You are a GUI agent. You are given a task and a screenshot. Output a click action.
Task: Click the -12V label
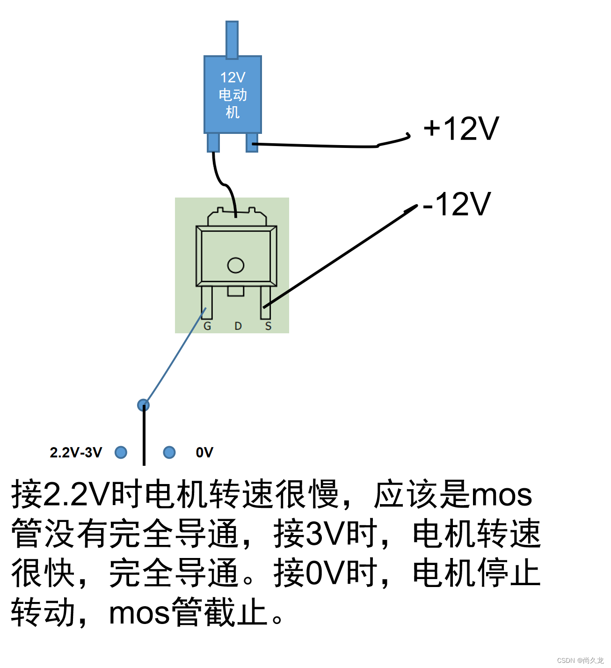click(456, 204)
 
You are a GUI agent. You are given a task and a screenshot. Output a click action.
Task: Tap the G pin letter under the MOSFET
click(207, 326)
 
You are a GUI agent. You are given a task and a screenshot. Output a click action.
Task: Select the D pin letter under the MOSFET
click(238, 326)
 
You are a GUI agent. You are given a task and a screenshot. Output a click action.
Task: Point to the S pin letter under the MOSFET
click(268, 326)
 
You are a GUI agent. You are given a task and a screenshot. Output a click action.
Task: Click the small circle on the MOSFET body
click(236, 265)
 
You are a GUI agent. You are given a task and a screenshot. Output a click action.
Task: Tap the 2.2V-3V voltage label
click(76, 453)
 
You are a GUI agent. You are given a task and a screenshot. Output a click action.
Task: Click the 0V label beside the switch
click(204, 453)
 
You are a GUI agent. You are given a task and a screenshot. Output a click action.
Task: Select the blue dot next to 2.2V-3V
click(121, 452)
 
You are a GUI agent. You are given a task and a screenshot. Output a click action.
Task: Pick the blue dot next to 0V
click(169, 452)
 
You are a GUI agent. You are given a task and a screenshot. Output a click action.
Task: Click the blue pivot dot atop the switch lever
click(144, 405)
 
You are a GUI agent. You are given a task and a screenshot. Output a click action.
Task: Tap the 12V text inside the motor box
click(233, 77)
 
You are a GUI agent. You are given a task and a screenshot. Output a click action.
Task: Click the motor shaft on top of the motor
click(232, 39)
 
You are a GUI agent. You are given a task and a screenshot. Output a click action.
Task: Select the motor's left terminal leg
click(213, 142)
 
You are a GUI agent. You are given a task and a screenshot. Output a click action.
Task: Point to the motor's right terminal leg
click(252, 142)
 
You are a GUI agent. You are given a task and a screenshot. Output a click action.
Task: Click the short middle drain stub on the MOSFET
click(236, 292)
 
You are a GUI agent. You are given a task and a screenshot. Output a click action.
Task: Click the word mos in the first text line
click(502, 495)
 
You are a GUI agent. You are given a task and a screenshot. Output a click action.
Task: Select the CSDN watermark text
click(580, 660)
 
